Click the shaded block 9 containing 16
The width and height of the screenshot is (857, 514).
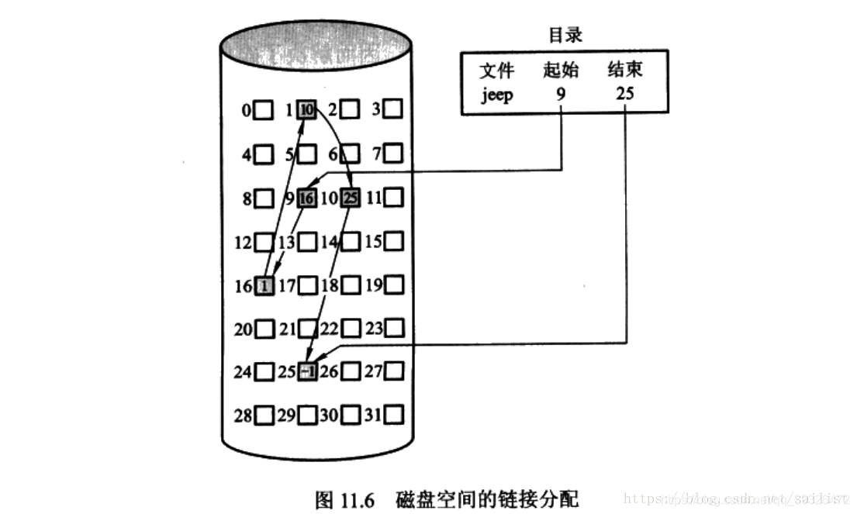tap(307, 199)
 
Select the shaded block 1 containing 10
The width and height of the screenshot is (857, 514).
tap(307, 110)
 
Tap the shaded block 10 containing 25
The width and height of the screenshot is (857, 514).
tap(351, 199)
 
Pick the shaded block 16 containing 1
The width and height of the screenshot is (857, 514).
tap(264, 286)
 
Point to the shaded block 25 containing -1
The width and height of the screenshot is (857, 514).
tap(307, 373)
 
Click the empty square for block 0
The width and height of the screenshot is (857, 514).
tap(264, 111)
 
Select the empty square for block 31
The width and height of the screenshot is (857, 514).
tap(394, 416)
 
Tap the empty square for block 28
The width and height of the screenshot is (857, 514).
tap(264, 416)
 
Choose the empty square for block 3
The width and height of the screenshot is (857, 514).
tap(394, 110)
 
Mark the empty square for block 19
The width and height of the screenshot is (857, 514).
tap(394, 286)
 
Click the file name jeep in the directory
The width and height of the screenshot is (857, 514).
tap(496, 97)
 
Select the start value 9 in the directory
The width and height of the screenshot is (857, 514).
tap(561, 97)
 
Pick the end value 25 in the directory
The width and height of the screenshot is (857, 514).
tap(625, 97)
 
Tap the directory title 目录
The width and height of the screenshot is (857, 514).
tap(565, 35)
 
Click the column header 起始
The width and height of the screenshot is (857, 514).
tap(561, 71)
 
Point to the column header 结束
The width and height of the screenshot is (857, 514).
tap(625, 71)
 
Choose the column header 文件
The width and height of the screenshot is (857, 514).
tap(496, 71)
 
